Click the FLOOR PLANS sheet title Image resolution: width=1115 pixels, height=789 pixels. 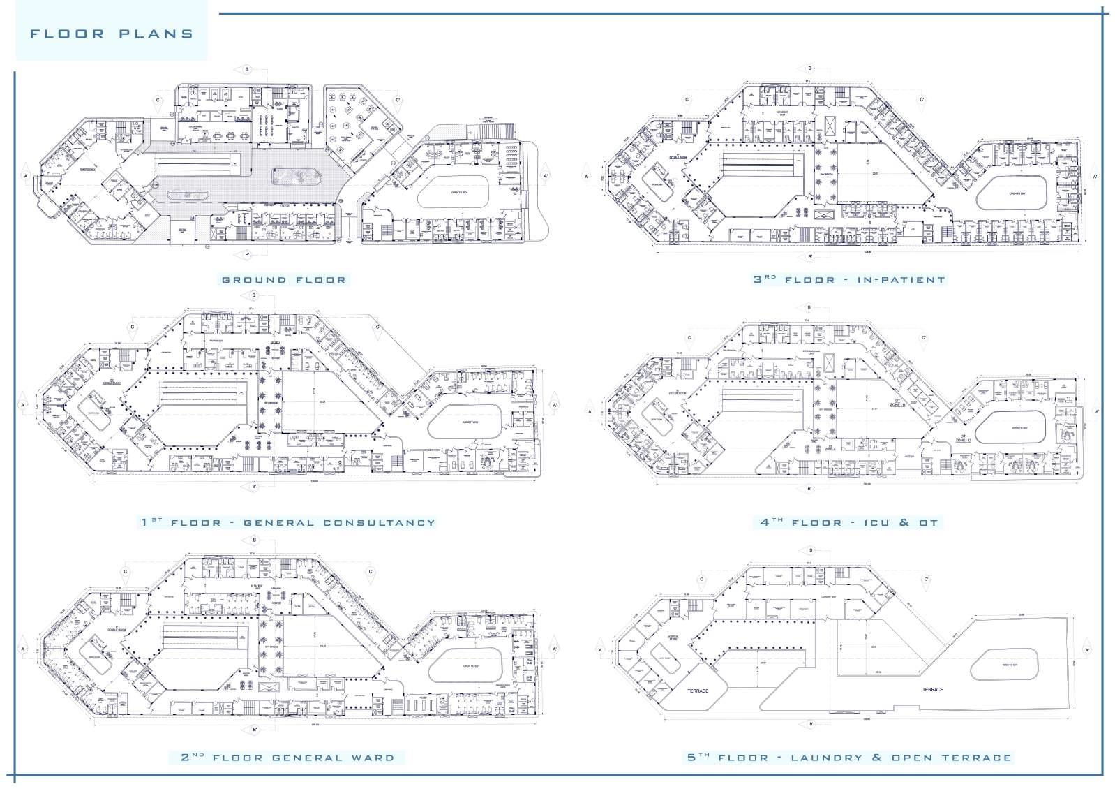[x=112, y=34]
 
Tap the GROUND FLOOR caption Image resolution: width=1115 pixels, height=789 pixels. [x=283, y=280]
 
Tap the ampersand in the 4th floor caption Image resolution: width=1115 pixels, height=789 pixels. [x=904, y=522]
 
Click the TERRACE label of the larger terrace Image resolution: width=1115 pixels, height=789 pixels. [x=933, y=689]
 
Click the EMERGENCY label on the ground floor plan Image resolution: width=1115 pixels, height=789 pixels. [x=89, y=169]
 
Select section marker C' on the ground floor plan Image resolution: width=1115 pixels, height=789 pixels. [x=397, y=100]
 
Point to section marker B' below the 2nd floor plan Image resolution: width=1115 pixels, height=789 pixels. [x=254, y=730]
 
